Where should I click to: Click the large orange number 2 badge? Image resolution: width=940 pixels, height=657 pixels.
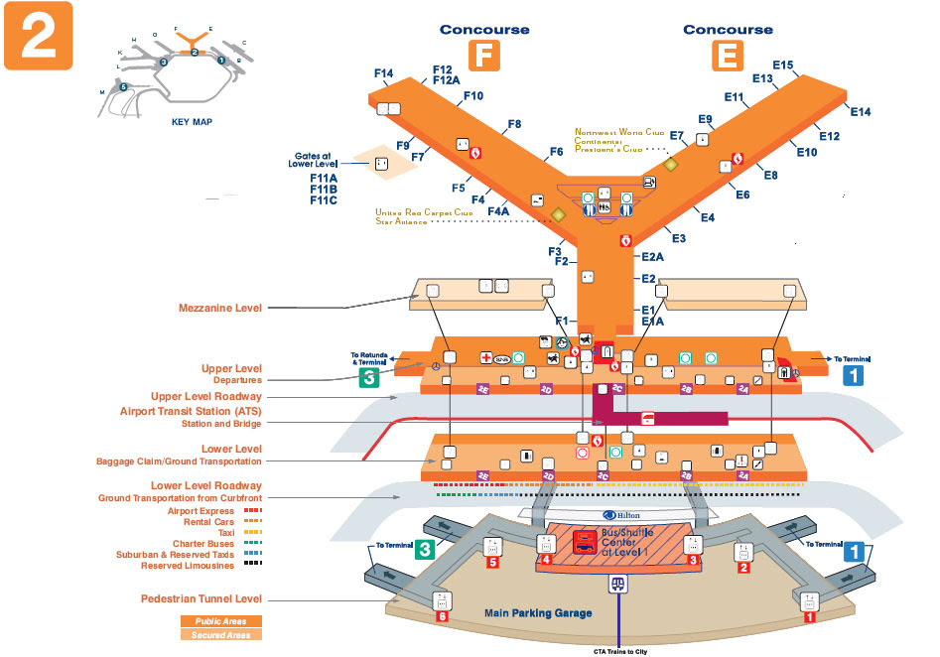[38, 37]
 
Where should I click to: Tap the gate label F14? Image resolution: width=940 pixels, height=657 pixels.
[384, 73]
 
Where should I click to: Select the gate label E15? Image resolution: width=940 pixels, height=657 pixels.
[782, 66]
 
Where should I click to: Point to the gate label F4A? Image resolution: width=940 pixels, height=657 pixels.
[497, 210]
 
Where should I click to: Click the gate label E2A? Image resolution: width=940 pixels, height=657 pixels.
[651, 256]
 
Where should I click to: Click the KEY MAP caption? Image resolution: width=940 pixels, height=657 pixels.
[193, 122]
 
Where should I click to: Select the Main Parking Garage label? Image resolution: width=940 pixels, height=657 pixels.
[538, 613]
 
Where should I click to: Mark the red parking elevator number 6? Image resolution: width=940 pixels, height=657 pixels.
[443, 616]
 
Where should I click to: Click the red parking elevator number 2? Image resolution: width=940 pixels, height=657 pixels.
[742, 569]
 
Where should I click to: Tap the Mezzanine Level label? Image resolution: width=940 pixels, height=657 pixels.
[221, 308]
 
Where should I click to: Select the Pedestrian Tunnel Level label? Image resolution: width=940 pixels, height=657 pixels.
[202, 599]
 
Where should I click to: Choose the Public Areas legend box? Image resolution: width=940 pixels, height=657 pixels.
[220, 621]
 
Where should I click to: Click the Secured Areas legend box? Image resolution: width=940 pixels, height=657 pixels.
[220, 634]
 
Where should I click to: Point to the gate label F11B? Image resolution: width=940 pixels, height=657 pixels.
[324, 189]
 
